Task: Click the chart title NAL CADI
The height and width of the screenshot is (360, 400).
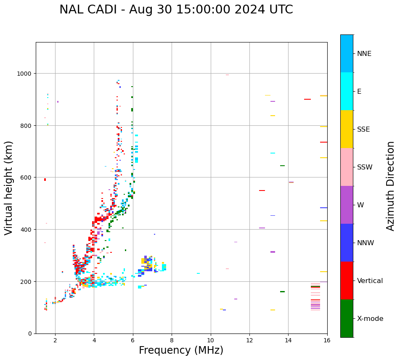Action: [176, 10]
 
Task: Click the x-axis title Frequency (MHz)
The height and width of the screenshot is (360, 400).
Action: [181, 350]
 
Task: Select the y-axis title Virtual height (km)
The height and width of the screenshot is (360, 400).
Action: [9, 188]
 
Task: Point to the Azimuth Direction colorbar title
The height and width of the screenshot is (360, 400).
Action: [391, 186]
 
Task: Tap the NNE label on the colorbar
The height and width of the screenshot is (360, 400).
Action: [364, 54]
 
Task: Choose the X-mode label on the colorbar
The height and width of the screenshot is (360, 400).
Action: [370, 319]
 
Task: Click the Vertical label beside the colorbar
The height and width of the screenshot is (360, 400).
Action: [370, 281]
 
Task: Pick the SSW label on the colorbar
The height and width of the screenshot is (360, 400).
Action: [365, 167]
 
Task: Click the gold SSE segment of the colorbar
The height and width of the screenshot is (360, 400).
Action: [347, 129]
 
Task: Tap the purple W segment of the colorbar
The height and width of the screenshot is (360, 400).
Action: [347, 205]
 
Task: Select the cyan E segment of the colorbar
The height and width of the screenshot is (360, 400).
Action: [347, 91]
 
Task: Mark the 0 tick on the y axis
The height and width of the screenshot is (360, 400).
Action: [30, 334]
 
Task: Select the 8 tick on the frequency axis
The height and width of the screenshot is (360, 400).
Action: [172, 340]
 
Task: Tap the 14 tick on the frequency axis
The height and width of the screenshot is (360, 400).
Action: [288, 340]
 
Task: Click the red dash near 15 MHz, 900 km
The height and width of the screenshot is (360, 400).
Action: [307, 99]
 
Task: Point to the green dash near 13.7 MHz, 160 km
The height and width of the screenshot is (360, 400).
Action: [282, 291]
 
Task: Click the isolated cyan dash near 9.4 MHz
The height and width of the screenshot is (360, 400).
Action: [198, 273]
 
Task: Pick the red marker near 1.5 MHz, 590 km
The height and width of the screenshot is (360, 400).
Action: [45, 180]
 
